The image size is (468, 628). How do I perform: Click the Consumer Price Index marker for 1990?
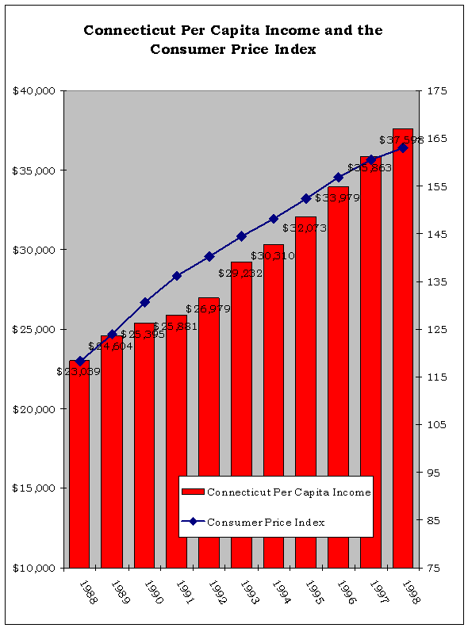pos(144,302)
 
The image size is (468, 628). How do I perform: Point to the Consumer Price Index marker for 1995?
pos(306,198)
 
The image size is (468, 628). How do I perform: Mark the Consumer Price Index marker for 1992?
pos(209,256)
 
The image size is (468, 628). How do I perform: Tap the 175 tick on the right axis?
pos(437,91)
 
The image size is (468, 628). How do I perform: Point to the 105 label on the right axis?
pos(437,425)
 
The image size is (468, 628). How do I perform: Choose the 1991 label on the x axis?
pos(184,592)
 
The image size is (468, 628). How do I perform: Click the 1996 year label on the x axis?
pos(346,592)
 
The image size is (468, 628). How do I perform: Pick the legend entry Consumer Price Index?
pos(266,522)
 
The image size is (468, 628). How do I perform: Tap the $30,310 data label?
pos(273,255)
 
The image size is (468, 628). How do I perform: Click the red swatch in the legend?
pos(194,492)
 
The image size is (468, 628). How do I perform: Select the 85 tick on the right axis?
pos(437,521)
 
